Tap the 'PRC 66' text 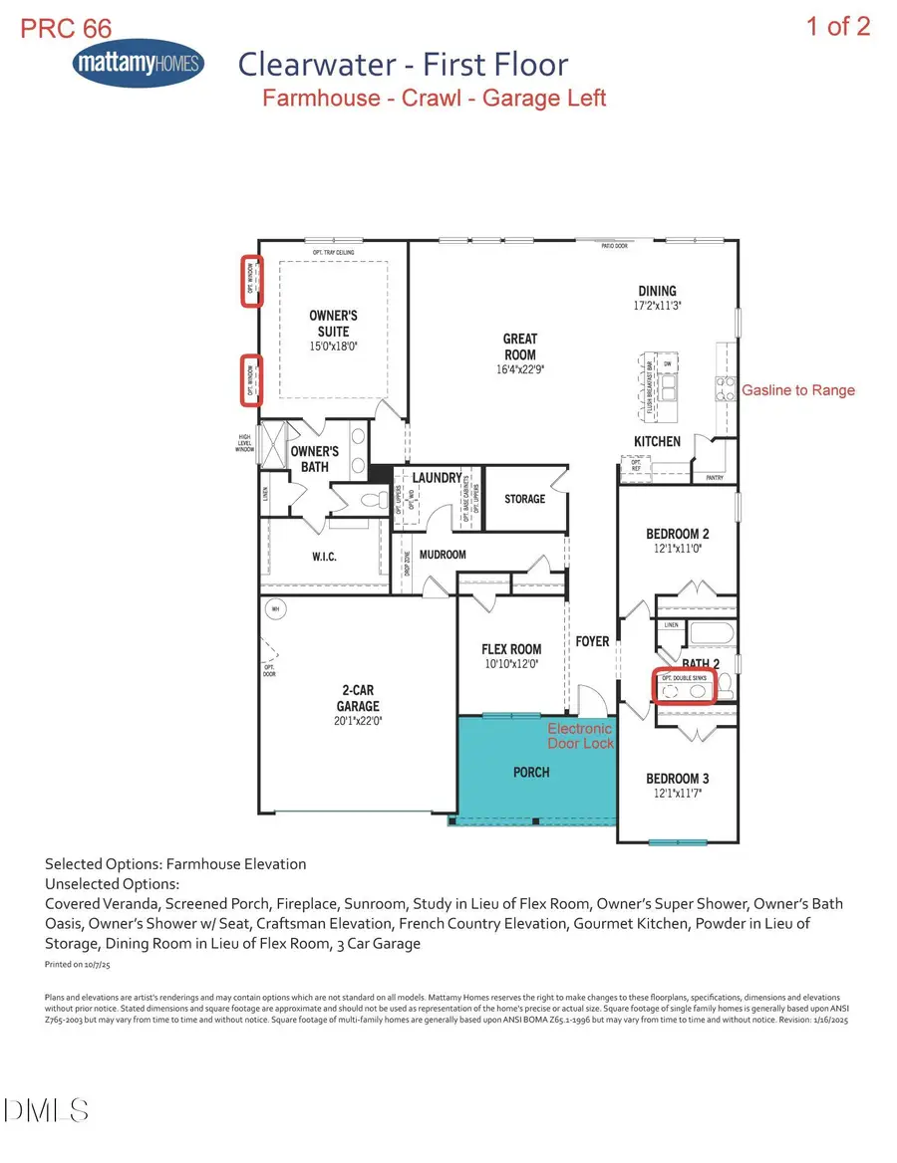click(x=66, y=28)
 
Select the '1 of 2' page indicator click(x=838, y=26)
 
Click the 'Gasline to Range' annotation click(x=798, y=390)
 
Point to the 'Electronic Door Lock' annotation click(x=581, y=736)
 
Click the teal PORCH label click(x=531, y=772)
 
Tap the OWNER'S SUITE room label click(x=333, y=323)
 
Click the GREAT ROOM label click(x=519, y=347)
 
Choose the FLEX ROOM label click(x=511, y=649)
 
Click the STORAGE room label click(x=524, y=498)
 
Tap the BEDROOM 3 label click(x=678, y=779)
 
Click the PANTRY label click(x=714, y=478)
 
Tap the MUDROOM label click(x=443, y=555)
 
